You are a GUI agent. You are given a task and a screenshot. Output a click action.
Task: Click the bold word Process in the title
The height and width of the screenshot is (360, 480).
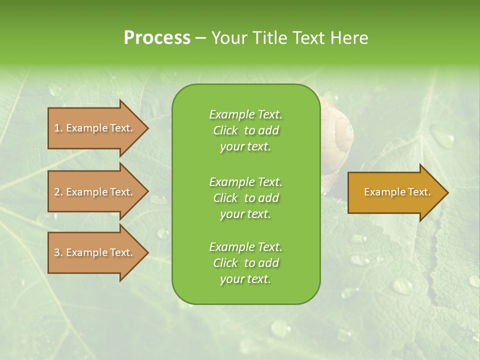tap(157, 38)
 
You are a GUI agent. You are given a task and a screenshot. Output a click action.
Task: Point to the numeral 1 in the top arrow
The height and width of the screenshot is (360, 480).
tap(57, 128)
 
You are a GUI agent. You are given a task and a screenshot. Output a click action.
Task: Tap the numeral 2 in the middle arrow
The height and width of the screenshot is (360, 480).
tap(57, 192)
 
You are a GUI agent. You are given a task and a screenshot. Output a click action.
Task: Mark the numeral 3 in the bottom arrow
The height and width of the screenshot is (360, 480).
tap(57, 252)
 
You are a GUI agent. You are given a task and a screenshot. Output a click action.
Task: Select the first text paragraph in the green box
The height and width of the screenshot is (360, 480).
tap(245, 130)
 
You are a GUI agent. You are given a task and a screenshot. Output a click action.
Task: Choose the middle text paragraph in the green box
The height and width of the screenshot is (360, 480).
tap(245, 198)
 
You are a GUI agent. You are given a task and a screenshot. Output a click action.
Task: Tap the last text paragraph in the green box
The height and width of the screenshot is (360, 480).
tap(245, 263)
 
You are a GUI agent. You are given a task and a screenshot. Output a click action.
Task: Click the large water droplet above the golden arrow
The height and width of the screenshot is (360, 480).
tap(442, 136)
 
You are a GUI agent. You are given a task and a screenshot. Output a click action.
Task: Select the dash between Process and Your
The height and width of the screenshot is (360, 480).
tap(201, 38)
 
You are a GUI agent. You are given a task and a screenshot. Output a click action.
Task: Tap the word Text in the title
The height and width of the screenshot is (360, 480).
tap(308, 38)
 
